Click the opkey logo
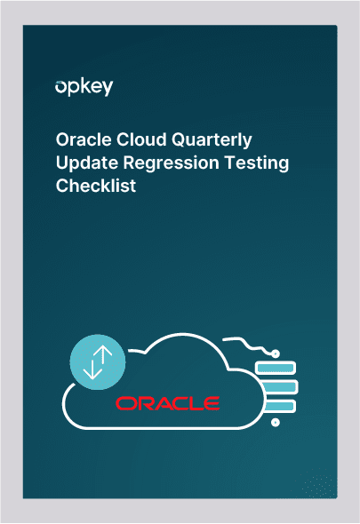coord(84,87)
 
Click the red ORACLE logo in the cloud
coord(167,403)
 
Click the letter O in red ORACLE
coord(124,403)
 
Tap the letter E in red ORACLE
coord(212,403)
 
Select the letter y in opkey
coord(108,89)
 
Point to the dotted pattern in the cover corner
coord(316,483)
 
